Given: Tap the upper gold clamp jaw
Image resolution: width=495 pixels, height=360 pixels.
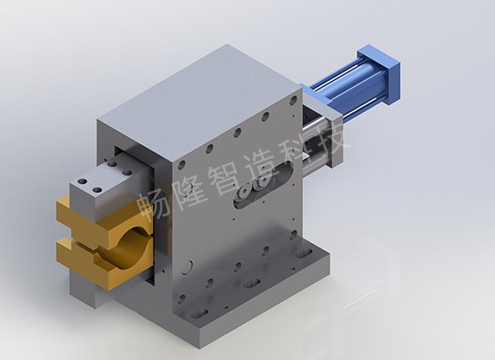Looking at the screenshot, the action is pyautogui.click(x=104, y=218).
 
